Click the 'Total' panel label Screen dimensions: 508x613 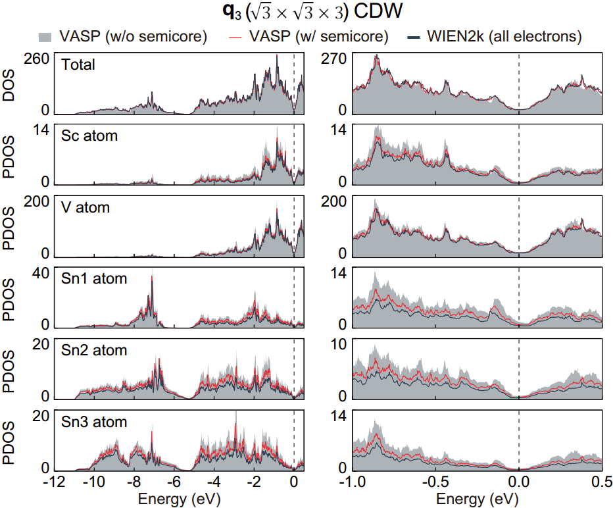[78, 64]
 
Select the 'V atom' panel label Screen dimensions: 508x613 [86, 207]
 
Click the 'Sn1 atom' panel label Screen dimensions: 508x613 [94, 279]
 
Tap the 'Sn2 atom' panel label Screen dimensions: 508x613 [94, 350]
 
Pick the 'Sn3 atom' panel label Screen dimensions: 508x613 [94, 421]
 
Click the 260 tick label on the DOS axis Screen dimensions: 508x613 [37, 59]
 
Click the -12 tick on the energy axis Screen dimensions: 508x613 [54, 482]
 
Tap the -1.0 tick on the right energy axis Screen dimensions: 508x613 [353, 482]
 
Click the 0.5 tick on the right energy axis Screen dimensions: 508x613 [601, 482]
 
